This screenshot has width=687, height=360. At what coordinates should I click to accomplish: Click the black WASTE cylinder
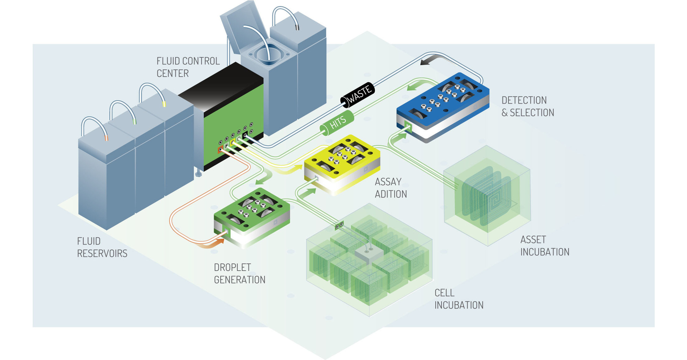click(x=357, y=95)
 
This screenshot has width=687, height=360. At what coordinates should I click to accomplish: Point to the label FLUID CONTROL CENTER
click(x=188, y=67)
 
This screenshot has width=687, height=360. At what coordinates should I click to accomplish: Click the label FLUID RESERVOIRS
click(x=102, y=247)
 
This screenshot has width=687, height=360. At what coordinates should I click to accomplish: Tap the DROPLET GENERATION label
click(x=239, y=273)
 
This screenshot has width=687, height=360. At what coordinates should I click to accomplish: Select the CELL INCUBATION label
click(x=458, y=299)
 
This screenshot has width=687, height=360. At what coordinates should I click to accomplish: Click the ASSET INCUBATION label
click(x=544, y=246)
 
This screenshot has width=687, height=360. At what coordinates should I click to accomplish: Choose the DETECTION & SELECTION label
click(x=527, y=106)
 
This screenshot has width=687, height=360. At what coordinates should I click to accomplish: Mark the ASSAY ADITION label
click(x=390, y=188)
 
